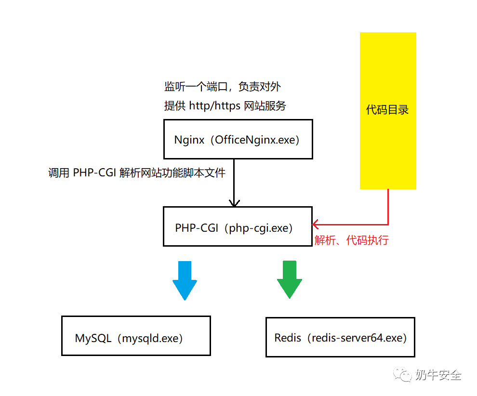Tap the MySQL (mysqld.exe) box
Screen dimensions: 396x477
click(136, 336)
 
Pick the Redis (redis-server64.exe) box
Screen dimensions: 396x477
click(340, 337)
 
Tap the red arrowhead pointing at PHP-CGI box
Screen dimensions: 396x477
click(316, 224)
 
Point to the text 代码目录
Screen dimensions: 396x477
click(387, 110)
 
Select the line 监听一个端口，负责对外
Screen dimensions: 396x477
click(222, 87)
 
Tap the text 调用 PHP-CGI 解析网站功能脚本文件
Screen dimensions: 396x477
click(137, 173)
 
